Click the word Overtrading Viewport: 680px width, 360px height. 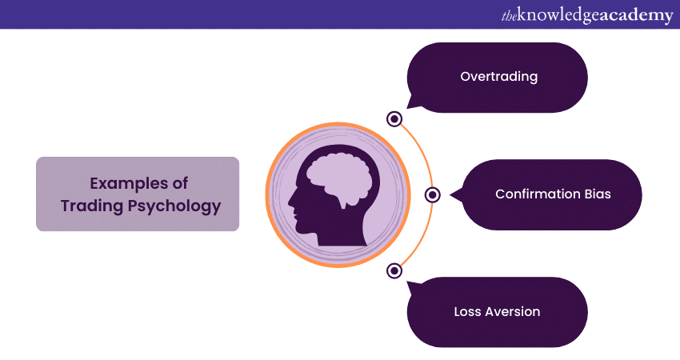pyautogui.click(x=498, y=77)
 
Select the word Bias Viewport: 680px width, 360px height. pyautogui.click(x=598, y=194)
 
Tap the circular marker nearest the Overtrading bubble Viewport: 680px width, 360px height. pyautogui.click(x=394, y=118)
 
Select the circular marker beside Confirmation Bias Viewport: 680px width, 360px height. pyautogui.click(x=432, y=194)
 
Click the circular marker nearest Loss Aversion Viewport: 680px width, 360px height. pyautogui.click(x=394, y=270)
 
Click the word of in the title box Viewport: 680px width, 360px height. pyautogui.click(x=180, y=183)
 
